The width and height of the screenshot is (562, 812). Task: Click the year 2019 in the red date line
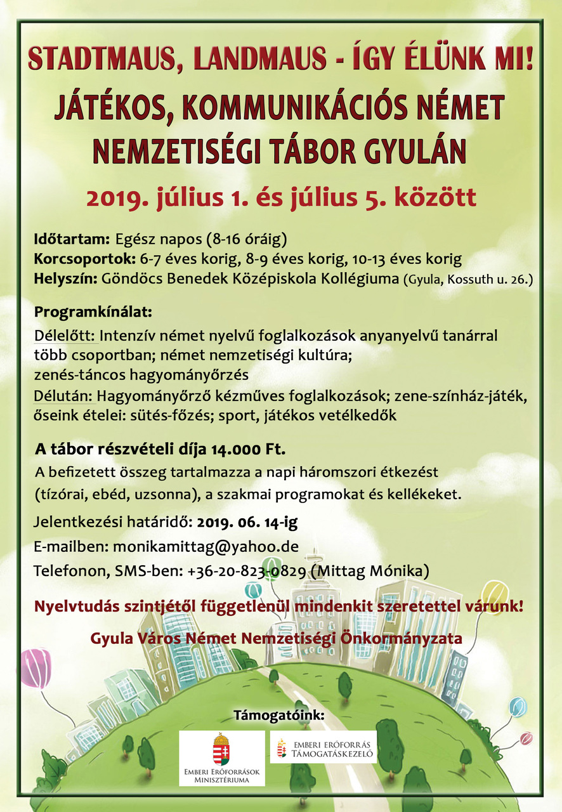click(x=119, y=197)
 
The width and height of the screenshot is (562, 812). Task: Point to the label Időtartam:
click(x=72, y=240)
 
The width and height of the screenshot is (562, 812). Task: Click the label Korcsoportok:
click(x=84, y=259)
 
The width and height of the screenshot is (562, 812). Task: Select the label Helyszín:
click(x=65, y=279)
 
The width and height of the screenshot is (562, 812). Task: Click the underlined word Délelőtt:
click(x=64, y=334)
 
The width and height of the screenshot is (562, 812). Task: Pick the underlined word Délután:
click(x=65, y=396)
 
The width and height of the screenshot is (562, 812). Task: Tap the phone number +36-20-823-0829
click(x=246, y=571)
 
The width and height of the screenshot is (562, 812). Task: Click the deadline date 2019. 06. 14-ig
click(x=247, y=523)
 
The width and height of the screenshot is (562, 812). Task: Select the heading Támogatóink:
click(x=279, y=716)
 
